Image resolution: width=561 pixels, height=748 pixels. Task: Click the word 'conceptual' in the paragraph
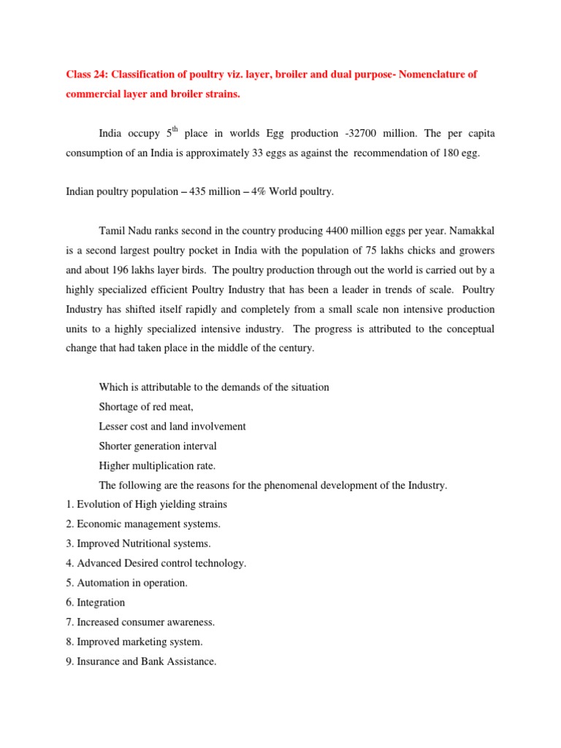point(467,329)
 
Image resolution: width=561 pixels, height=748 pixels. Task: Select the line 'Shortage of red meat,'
point(146,406)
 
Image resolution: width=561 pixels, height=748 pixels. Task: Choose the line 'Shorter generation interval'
point(158,446)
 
